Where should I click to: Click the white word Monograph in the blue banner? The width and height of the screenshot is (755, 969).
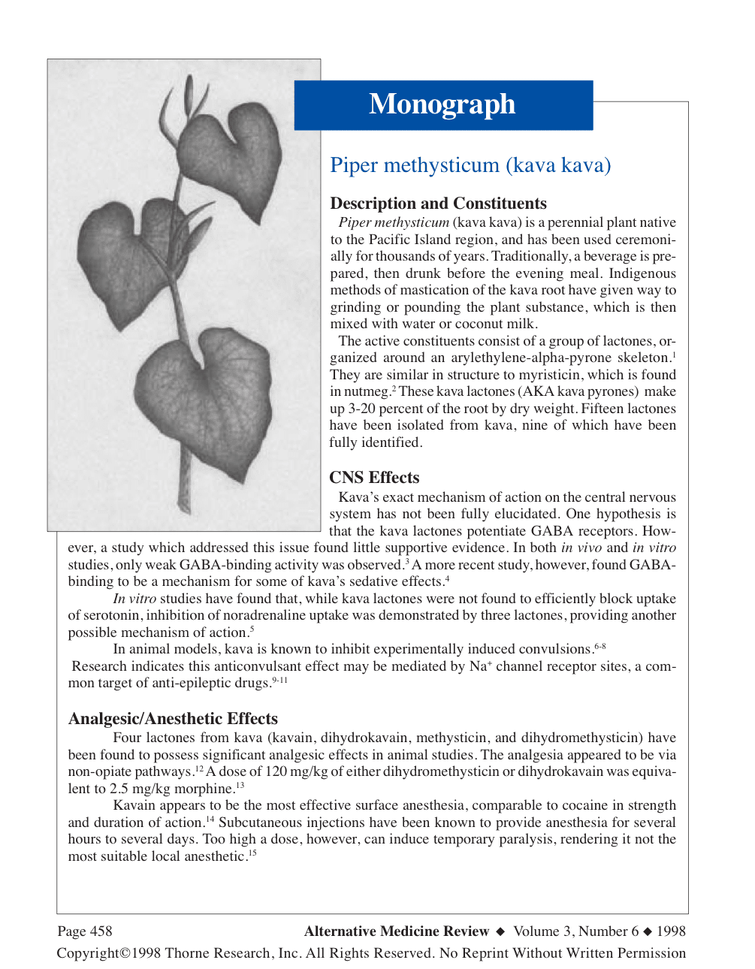[442, 104]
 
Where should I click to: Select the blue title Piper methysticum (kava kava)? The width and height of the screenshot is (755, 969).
[470, 165]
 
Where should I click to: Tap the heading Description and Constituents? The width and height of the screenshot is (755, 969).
[438, 204]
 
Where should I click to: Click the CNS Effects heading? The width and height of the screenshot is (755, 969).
[374, 478]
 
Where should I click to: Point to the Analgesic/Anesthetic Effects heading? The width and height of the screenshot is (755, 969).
[173, 719]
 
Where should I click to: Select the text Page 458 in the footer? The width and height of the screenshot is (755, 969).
[85, 931]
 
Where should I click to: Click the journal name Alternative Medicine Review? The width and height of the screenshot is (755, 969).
[397, 931]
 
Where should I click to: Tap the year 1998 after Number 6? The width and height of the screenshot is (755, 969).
[671, 931]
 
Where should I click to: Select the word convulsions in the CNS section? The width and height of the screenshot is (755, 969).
[554, 649]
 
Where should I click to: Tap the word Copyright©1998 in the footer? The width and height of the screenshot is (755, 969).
[108, 953]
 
